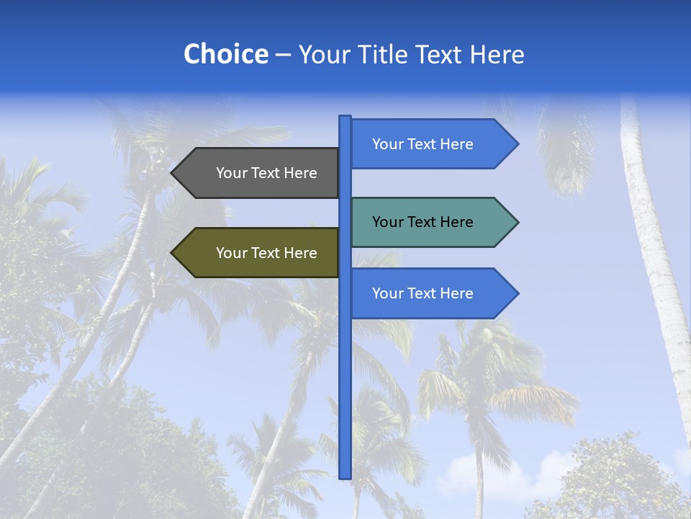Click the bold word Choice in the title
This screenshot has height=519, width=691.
[x=225, y=55]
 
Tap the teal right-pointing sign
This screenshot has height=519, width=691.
[x=425, y=222]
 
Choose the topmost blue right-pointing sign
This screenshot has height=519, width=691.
[x=425, y=144]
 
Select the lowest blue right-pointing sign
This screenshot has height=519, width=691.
[x=425, y=293]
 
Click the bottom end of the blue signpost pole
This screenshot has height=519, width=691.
[x=345, y=476]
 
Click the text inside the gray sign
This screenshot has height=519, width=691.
[x=266, y=173]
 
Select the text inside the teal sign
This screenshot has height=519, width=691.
[x=423, y=222]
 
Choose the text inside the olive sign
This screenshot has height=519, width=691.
[x=266, y=253]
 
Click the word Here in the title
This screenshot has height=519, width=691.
[x=497, y=55]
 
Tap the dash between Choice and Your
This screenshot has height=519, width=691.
[x=283, y=56]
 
